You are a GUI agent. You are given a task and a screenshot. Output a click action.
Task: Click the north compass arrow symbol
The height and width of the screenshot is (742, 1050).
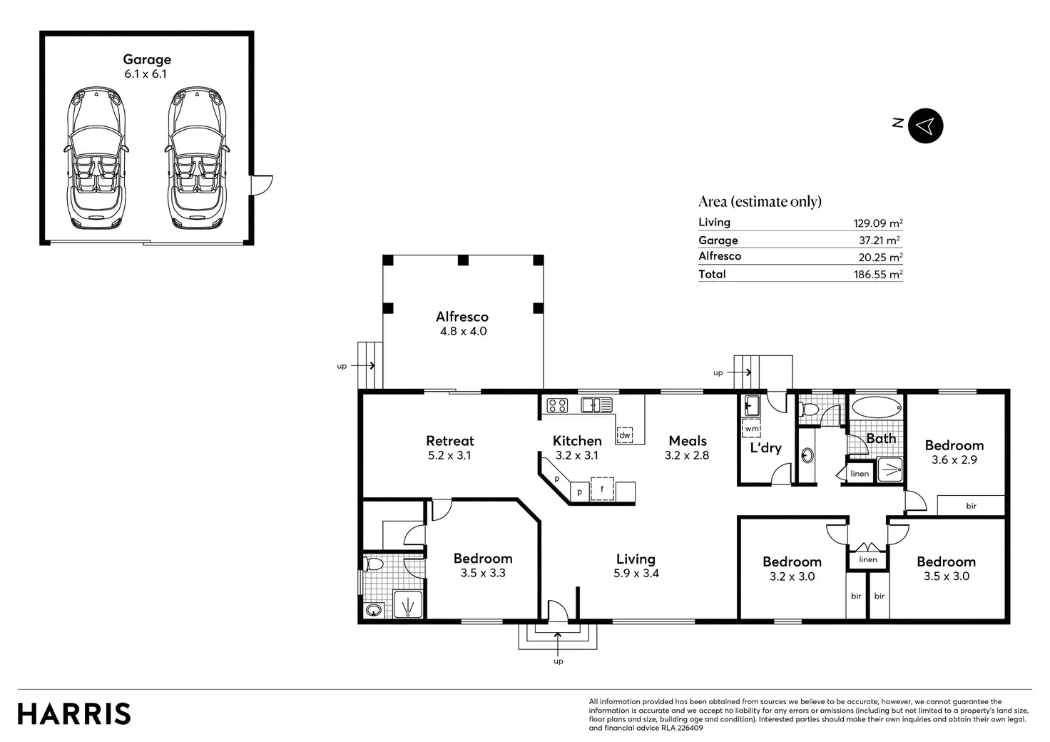click(925, 126)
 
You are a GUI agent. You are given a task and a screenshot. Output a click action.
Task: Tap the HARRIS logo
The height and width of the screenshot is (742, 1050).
click(74, 714)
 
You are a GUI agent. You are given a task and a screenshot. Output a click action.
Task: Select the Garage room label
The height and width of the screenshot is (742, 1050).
click(147, 59)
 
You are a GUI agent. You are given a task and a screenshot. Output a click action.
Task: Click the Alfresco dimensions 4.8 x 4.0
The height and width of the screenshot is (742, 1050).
click(463, 331)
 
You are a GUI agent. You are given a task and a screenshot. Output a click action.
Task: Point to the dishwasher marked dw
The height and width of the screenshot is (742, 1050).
click(624, 434)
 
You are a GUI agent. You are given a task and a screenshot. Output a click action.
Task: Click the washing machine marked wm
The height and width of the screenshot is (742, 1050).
click(752, 428)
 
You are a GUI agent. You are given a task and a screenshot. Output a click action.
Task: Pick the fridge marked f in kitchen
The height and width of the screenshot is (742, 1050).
click(602, 489)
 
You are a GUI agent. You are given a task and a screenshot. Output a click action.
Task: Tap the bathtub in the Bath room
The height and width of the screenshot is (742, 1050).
click(876, 407)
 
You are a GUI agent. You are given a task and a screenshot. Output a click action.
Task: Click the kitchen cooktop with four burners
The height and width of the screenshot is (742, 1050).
click(557, 405)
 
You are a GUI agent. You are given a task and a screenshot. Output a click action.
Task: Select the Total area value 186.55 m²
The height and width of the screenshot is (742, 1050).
click(878, 274)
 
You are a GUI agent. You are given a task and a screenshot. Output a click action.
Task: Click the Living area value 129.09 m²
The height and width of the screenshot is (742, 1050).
click(878, 223)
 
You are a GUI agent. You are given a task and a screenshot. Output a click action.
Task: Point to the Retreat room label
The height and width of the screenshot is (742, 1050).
click(450, 441)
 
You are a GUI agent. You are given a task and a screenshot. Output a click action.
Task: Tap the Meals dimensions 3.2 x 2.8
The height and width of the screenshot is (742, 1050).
click(687, 455)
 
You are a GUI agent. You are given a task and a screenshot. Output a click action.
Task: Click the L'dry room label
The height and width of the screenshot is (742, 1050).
click(766, 447)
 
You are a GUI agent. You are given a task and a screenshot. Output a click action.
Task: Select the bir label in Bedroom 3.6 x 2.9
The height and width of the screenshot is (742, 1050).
click(972, 506)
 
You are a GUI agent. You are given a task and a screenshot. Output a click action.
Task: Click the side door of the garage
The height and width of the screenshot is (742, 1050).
click(262, 185)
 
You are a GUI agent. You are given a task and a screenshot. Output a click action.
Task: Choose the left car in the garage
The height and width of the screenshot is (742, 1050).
click(96, 158)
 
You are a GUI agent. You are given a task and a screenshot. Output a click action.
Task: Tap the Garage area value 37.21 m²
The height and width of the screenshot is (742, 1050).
click(880, 240)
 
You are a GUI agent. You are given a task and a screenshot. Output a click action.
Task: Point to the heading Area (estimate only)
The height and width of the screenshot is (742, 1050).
click(760, 202)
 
